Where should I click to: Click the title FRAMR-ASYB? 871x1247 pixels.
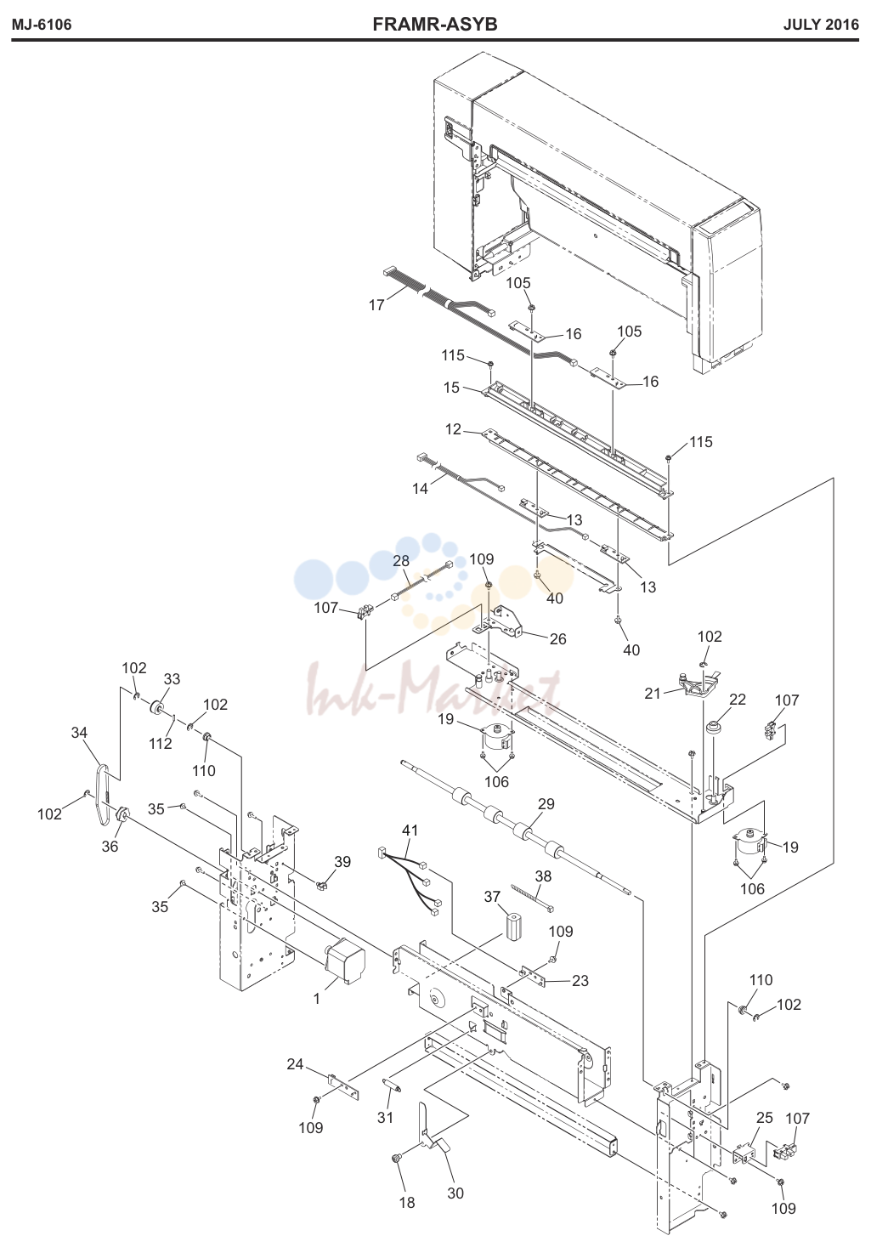click(435, 25)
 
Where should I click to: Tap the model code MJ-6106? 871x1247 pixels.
click(42, 25)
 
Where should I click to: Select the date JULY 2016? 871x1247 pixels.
click(821, 25)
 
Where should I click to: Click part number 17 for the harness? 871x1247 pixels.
click(376, 305)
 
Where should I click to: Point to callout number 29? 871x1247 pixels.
click(546, 804)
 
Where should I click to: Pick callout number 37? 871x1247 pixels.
click(492, 896)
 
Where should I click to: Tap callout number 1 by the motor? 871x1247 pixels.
click(317, 999)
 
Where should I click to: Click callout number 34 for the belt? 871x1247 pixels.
click(79, 733)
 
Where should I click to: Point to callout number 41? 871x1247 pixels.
click(410, 830)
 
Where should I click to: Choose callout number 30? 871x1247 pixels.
click(455, 1193)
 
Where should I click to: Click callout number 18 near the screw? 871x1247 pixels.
click(407, 1203)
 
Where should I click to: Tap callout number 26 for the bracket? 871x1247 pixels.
click(557, 638)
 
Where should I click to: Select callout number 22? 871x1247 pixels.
click(738, 700)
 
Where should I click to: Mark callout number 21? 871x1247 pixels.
click(653, 693)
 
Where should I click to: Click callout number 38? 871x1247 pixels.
click(543, 876)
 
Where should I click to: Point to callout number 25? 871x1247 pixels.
click(765, 1117)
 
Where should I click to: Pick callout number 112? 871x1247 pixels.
click(161, 743)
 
